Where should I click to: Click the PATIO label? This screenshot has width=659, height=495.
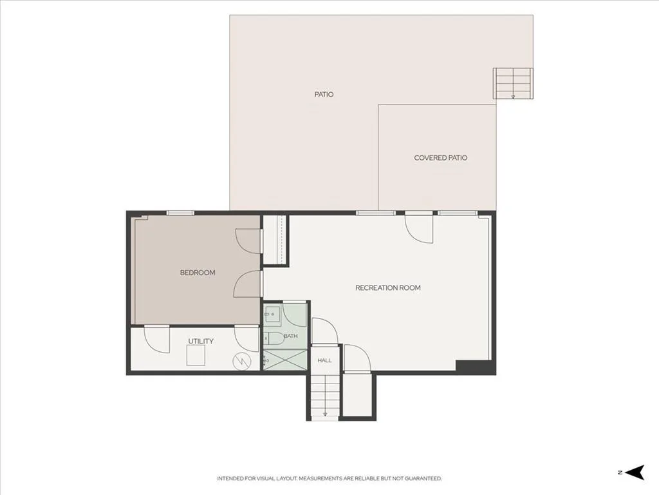pos(324,94)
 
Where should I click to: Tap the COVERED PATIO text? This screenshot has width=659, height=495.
pos(440,158)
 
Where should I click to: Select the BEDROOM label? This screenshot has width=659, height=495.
pos(198,273)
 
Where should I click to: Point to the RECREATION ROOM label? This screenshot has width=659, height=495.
pos(388,288)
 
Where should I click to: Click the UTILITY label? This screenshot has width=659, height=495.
pos(201,342)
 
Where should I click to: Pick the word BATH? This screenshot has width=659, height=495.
pos(290,336)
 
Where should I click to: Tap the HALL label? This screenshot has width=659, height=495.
pos(324,360)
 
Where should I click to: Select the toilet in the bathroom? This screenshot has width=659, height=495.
pos(274,338)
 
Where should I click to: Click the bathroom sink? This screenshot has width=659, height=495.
pos(272,314)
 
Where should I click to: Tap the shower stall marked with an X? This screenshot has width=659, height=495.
pos(285,360)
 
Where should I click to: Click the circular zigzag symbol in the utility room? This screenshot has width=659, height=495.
pos(242,361)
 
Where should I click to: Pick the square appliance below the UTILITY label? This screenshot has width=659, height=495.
pos(196,355)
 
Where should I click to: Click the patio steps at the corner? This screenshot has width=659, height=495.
pos(513,83)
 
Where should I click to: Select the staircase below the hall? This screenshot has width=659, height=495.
pos(324,396)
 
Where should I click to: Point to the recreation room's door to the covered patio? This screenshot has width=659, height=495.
pos(419,229)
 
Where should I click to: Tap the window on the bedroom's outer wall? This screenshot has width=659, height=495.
pos(180,213)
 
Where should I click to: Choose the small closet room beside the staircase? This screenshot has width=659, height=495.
pos(357,394)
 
